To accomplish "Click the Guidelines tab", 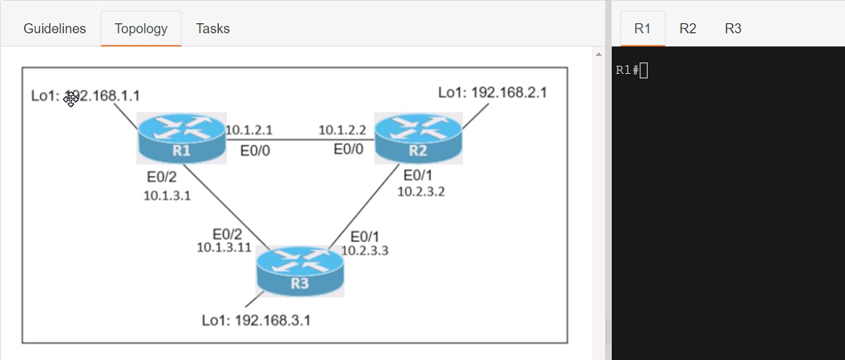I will [54, 29].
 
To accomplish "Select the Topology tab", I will [141, 29].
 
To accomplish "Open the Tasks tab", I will [212, 29].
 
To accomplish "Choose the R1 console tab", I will [642, 29].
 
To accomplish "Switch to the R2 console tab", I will [688, 29].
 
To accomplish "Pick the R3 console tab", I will [733, 29].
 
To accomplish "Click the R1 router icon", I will [181, 138].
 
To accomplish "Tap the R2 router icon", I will [418, 138].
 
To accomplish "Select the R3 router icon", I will [300, 271].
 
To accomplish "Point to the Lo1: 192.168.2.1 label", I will [492, 93].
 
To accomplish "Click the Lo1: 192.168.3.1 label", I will [256, 319].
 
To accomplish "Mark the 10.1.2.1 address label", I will [249, 130].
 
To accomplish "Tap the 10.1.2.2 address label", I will [342, 130].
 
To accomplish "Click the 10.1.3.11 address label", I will [224, 247].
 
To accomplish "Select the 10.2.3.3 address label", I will [365, 251].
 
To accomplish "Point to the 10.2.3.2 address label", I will [420, 191].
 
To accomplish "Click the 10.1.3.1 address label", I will [167, 194].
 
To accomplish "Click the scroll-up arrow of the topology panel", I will [599, 54].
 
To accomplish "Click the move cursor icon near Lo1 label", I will [70, 99].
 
